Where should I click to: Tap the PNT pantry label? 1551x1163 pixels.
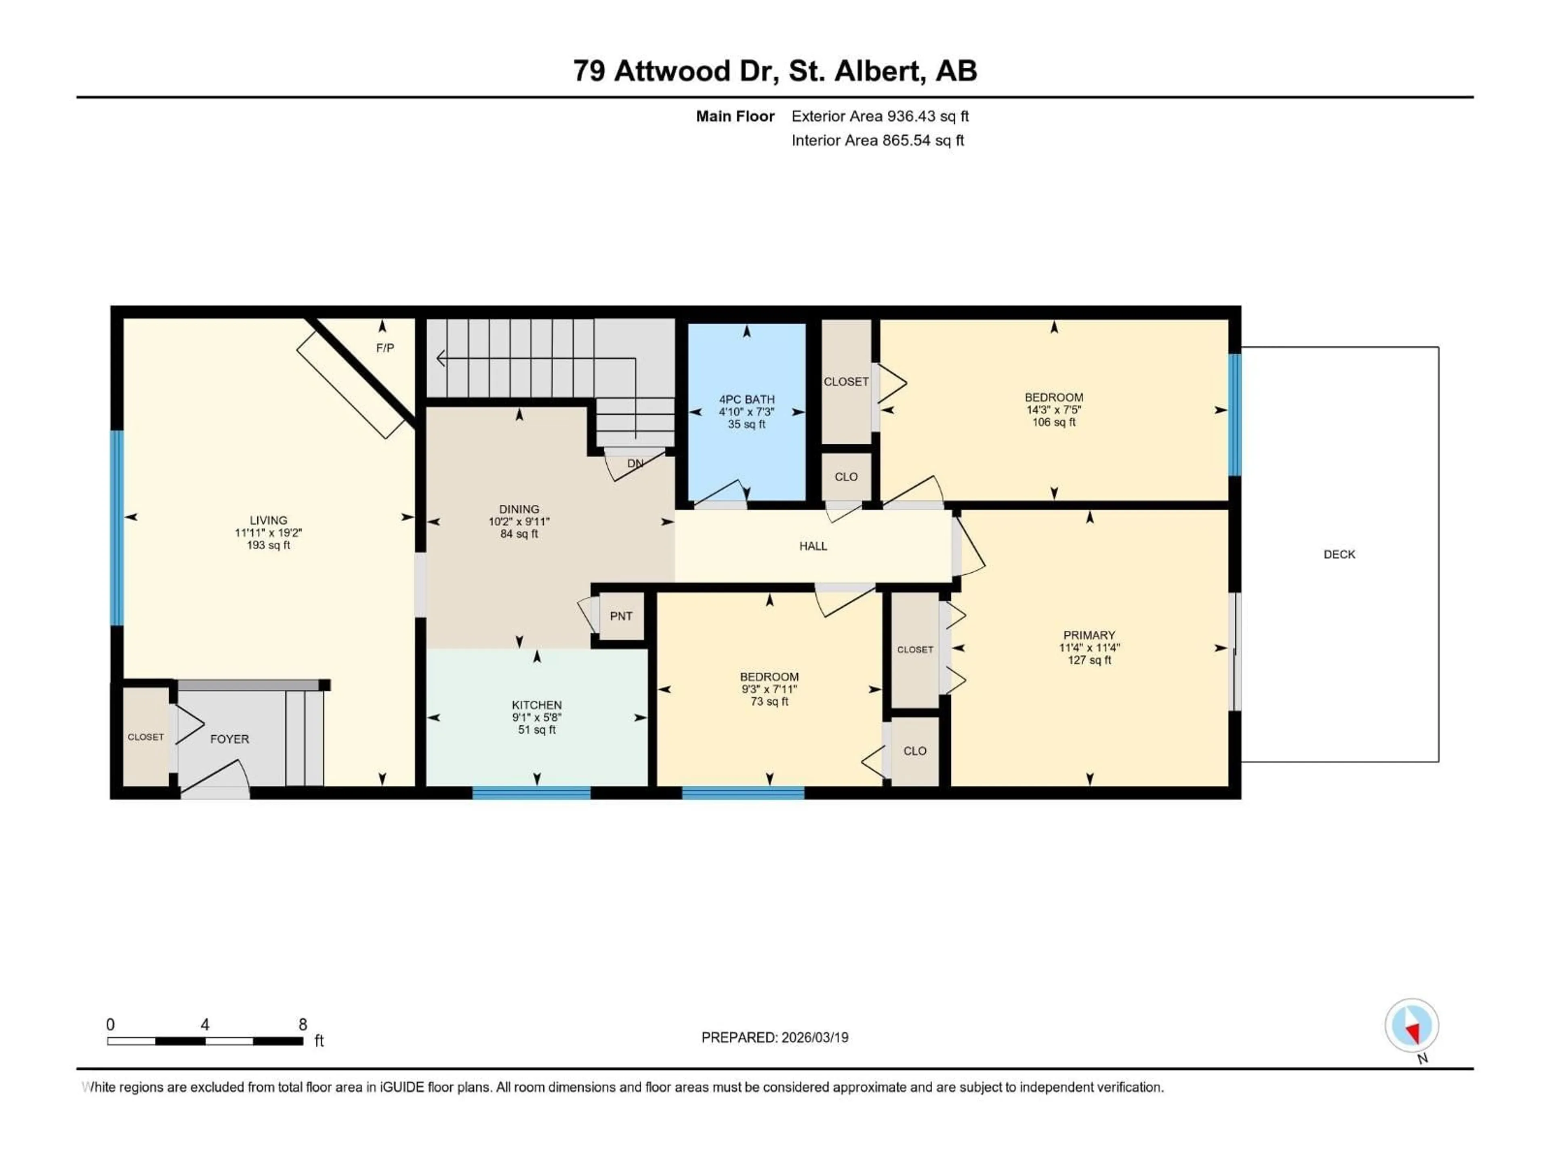coord(620,616)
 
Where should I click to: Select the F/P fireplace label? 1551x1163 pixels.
coord(385,348)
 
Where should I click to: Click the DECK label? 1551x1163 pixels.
coord(1339,554)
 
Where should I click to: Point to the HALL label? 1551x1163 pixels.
coord(813,546)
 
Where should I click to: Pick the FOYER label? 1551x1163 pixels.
coord(229,739)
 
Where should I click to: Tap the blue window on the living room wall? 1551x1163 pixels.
coord(118,527)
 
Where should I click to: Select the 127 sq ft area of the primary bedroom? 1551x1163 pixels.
coord(1089,660)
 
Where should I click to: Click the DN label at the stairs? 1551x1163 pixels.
coord(635,463)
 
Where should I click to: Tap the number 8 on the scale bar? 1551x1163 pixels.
coord(303,1024)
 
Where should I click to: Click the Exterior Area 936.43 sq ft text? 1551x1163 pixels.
coord(880,116)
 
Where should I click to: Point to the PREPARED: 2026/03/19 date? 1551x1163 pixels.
coord(774,1037)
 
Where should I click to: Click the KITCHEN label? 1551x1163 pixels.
coord(536,705)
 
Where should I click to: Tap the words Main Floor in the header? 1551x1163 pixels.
coord(735,116)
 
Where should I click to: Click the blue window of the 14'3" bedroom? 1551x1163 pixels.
coord(1234,415)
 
